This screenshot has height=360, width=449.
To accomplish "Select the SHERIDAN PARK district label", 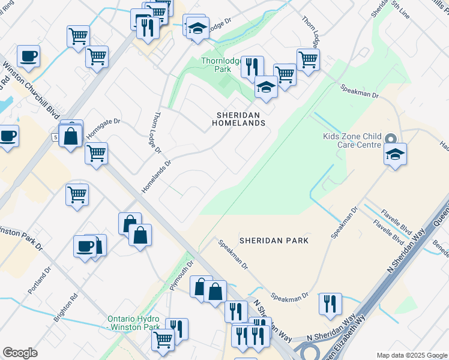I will (x=274, y=241).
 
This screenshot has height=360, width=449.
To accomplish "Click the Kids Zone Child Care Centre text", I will (x=353, y=141).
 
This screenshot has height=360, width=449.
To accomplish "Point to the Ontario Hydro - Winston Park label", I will (x=134, y=323).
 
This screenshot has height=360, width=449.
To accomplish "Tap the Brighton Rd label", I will (x=65, y=308).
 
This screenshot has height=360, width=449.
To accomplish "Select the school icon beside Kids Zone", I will (x=396, y=154).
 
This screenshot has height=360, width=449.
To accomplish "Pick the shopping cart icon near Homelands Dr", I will (x=96, y=154).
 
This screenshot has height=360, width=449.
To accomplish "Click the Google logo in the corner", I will (x=20, y=352).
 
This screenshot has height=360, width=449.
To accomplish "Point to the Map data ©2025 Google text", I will (x=412, y=355).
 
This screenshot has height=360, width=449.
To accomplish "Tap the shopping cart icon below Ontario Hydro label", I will (x=163, y=340).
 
